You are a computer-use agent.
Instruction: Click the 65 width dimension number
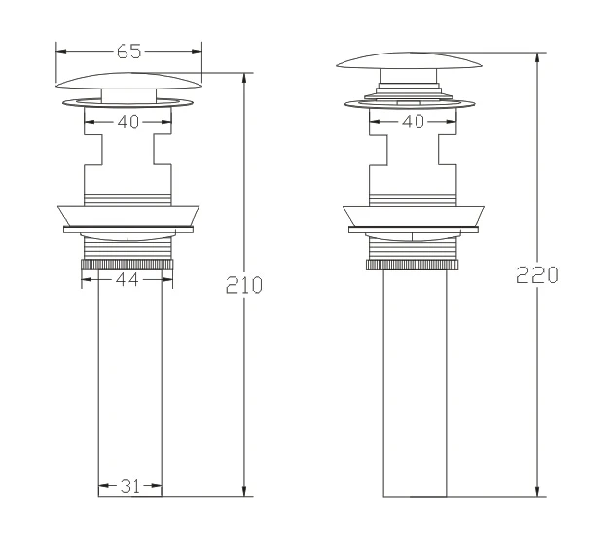coord(128,52)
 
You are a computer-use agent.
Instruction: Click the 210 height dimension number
coord(244,285)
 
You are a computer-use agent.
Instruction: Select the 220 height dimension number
coord(536,275)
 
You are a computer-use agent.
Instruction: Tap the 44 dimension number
coord(127,279)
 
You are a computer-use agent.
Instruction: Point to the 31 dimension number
coord(130,486)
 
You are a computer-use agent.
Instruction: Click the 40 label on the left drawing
coord(128,122)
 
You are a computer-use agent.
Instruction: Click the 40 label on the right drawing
coord(413,122)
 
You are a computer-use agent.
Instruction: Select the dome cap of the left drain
coord(128,81)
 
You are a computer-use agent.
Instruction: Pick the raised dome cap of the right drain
coord(409,60)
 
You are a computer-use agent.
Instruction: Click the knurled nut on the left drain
coord(127,265)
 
